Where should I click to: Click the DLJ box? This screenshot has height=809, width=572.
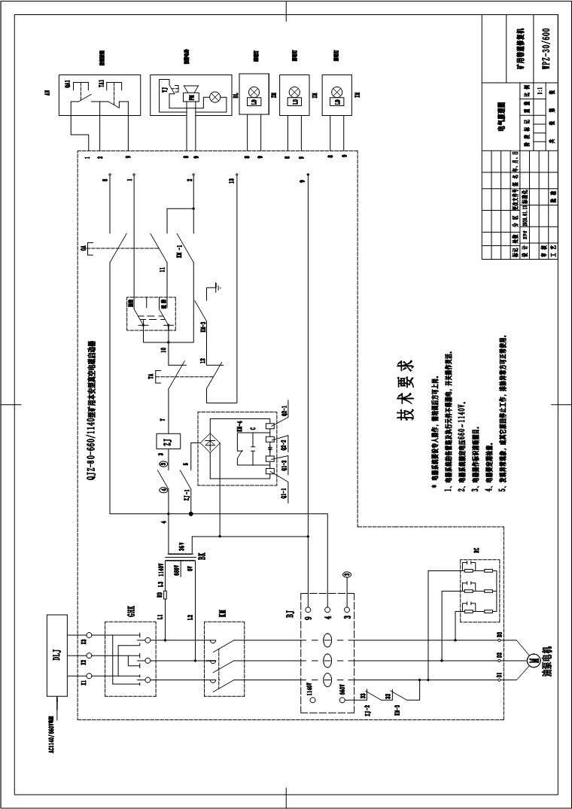click(56, 656)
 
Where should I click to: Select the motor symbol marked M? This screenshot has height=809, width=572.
click(532, 659)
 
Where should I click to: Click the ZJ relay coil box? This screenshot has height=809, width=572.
click(168, 442)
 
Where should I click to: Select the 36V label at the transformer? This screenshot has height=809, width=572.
click(181, 544)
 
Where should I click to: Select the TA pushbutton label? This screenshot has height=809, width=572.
click(151, 376)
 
